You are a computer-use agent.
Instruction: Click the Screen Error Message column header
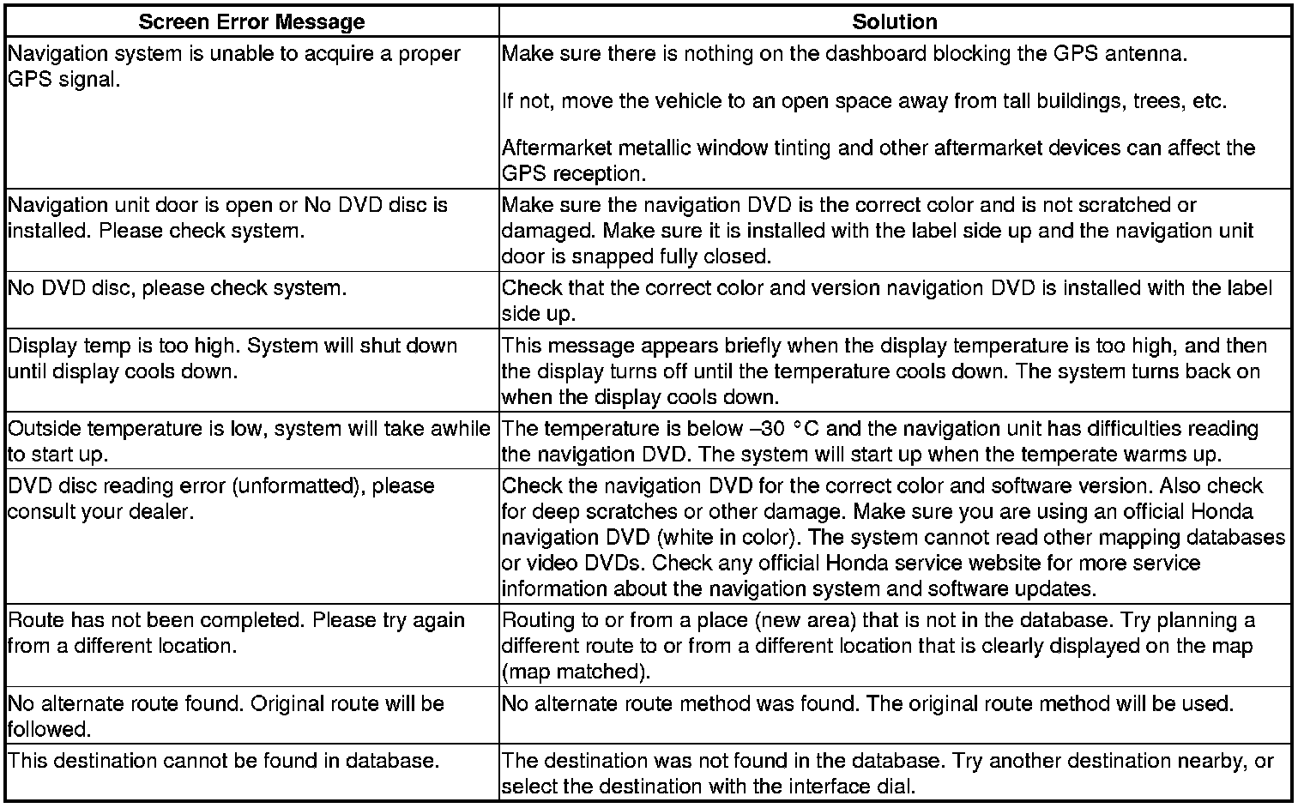251,21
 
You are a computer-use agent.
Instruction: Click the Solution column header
895,21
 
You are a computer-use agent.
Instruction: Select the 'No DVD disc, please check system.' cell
178,289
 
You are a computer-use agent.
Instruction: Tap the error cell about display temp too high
232,359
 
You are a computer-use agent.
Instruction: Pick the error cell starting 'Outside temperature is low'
249,441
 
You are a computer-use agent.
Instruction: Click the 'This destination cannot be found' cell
224,761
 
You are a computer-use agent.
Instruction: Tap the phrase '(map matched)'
574,671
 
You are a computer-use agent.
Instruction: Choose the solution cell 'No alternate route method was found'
867,705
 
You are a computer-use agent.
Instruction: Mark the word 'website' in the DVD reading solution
1029,564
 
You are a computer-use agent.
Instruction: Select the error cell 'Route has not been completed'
236,633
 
